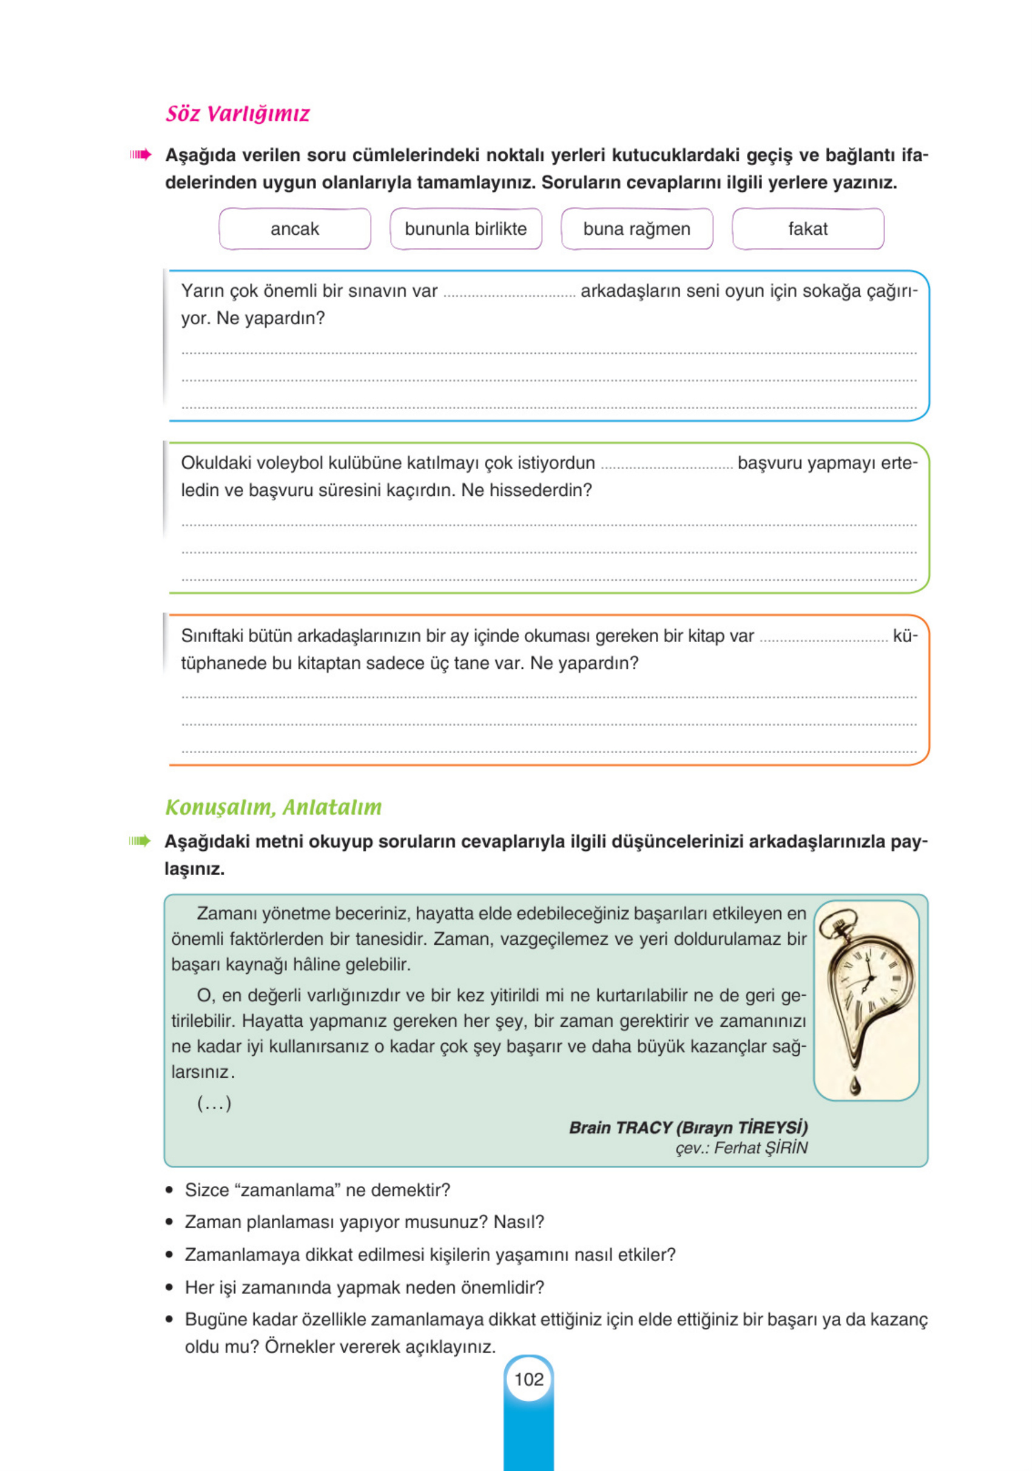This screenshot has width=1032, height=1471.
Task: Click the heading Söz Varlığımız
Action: point(238,114)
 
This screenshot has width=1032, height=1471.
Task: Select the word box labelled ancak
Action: point(295,229)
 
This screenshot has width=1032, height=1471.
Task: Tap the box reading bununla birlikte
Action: point(466,229)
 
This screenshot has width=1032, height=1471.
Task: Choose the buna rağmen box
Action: point(637,229)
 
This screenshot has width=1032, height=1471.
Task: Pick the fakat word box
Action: point(808,229)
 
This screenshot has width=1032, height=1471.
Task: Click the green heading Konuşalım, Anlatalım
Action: point(274,807)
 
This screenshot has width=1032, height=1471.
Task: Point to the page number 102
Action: point(528,1379)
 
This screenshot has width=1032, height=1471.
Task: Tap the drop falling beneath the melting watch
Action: point(855,1085)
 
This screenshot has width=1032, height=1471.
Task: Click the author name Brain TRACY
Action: point(620,1127)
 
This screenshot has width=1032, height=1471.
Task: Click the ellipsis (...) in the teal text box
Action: point(214,1103)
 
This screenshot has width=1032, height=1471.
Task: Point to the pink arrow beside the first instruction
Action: point(140,154)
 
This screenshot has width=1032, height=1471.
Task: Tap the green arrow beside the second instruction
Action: point(140,840)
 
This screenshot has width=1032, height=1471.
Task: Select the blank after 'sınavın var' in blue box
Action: point(509,294)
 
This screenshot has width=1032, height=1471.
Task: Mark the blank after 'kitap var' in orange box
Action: point(824,638)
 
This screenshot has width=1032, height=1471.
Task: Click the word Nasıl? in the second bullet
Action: point(518,1222)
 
